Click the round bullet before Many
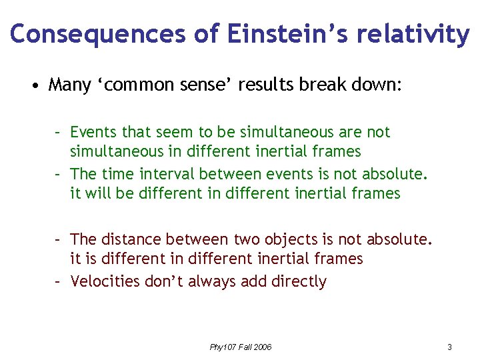33,86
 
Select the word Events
92,132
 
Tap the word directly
299,281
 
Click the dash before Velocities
59,281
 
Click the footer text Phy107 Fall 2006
241,347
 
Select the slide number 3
449,347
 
